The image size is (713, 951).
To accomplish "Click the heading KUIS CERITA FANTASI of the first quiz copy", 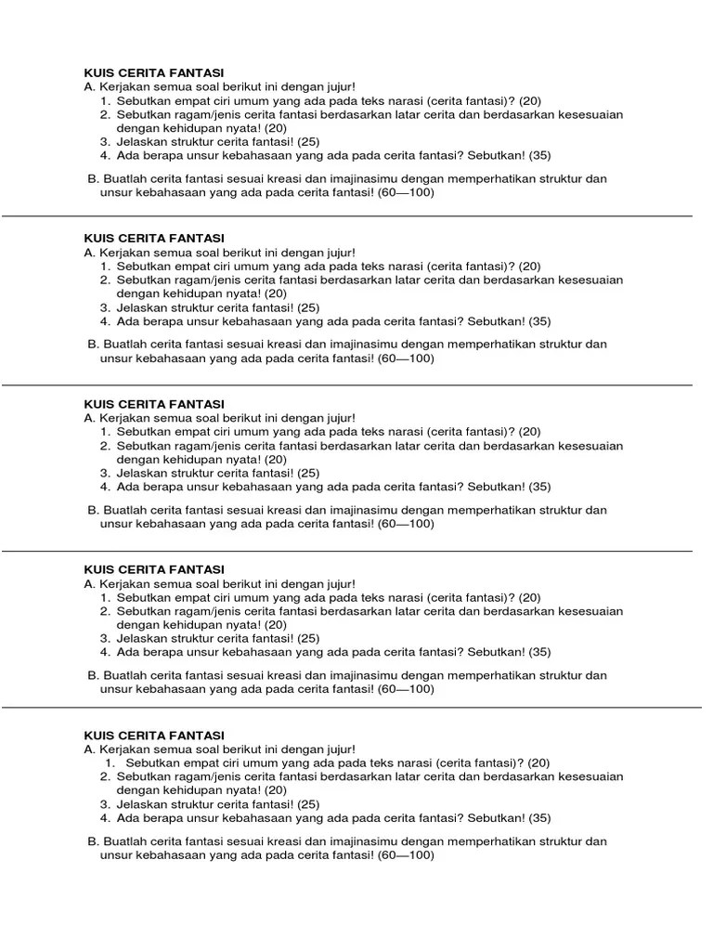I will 154,72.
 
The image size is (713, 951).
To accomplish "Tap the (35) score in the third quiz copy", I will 539,487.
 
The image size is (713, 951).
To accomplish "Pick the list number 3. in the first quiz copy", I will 106,142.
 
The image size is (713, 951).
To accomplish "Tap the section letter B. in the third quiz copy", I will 93,510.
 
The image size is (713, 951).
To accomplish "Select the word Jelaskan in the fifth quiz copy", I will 139,804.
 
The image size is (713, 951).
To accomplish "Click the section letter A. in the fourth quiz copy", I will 89,583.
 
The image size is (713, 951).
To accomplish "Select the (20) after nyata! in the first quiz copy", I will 276,128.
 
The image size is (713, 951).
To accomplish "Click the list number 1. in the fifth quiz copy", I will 107,762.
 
